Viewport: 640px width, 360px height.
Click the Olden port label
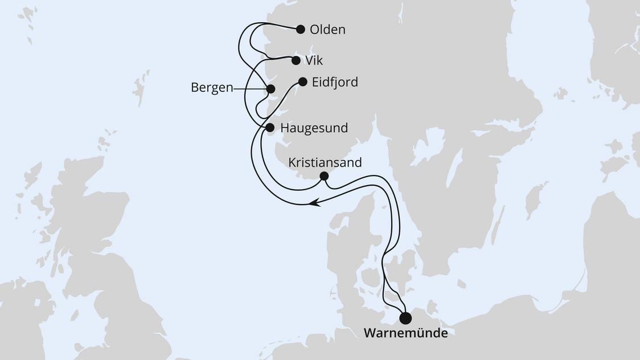point(328,30)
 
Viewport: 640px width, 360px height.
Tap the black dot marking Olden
point(301,29)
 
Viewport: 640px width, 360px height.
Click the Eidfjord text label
point(335,82)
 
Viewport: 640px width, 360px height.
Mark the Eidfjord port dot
point(303,82)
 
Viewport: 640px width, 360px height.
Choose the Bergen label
point(212,89)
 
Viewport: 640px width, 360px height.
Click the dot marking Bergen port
point(271,89)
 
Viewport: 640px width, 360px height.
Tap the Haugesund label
point(314,128)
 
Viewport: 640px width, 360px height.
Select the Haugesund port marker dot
point(270,128)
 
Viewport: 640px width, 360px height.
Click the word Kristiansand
point(325,162)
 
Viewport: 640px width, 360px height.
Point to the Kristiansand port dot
point(324,176)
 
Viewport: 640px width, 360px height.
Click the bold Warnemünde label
point(405,333)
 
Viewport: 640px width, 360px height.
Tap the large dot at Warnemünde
point(405,318)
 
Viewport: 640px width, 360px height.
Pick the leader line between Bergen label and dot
point(251,89)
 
